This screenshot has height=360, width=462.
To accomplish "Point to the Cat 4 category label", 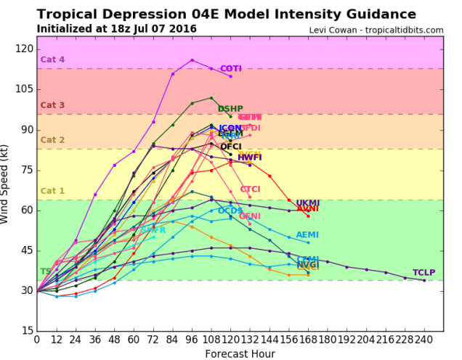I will pyautogui.click(x=52, y=60).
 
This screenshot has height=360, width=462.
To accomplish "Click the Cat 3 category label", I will pyautogui.click(x=52, y=105).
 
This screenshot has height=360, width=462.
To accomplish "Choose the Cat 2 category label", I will pyautogui.click(x=52, y=140).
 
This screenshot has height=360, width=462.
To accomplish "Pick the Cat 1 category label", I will pyautogui.click(x=52, y=191).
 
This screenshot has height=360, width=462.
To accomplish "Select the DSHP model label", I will pyautogui.click(x=230, y=109).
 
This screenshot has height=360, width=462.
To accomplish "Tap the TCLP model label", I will pyautogui.click(x=445, y=273).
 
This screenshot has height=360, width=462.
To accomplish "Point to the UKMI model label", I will pyautogui.click(x=308, y=203).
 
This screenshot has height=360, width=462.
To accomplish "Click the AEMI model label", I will pyautogui.click(x=308, y=235).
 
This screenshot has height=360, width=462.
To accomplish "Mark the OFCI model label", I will pyautogui.click(x=231, y=147).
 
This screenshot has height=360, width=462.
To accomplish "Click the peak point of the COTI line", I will pyautogui.click(x=192, y=60).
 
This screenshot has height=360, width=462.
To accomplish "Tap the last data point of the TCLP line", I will pyautogui.click(x=424, y=280).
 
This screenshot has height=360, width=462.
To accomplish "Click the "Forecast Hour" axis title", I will pyautogui.click(x=240, y=353).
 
